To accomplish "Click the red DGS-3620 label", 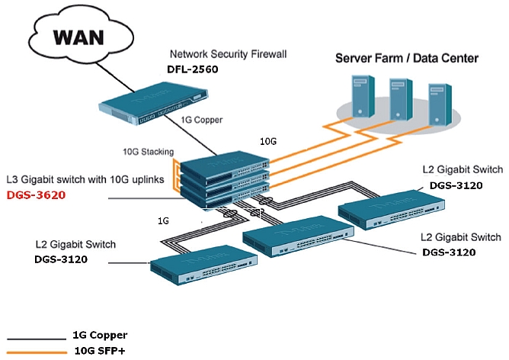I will (x=36, y=195).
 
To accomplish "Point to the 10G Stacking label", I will (x=148, y=151).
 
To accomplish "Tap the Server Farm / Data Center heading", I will (x=408, y=57).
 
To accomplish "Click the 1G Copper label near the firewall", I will (x=201, y=121).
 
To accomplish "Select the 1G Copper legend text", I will (x=100, y=335).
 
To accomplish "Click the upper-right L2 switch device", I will (x=392, y=206).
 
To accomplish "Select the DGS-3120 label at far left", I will (x=62, y=259).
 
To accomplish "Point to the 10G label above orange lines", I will (x=268, y=141).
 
